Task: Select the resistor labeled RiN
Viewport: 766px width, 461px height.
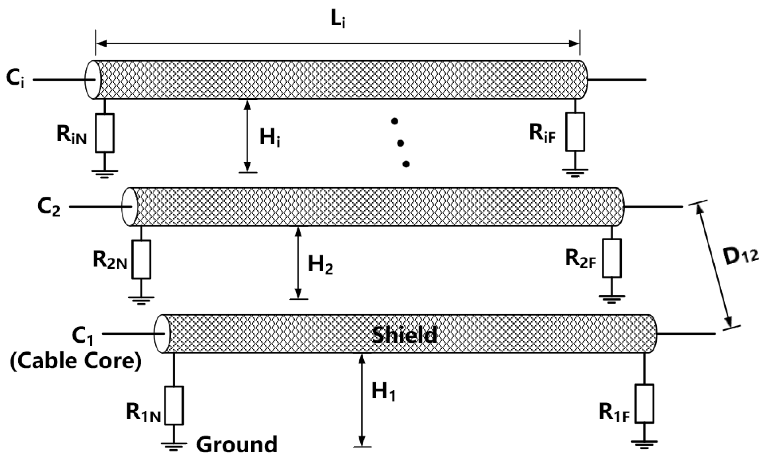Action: (105, 133)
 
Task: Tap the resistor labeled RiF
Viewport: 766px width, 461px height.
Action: (575, 132)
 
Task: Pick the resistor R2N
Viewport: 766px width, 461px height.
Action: (141, 259)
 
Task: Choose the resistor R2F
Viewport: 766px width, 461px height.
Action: (612, 258)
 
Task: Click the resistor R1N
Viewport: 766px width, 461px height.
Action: (174, 405)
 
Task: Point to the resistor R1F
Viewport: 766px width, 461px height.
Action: (645, 403)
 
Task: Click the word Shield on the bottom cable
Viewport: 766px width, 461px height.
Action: (404, 335)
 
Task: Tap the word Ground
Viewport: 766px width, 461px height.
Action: (236, 445)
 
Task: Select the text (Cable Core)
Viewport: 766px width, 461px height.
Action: (76, 362)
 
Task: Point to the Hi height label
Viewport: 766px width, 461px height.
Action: (269, 138)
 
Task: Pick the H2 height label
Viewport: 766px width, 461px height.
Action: (320, 265)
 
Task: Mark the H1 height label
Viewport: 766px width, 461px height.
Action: (383, 392)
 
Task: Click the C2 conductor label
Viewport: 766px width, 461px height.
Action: (48, 207)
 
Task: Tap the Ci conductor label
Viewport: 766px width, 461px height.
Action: (15, 79)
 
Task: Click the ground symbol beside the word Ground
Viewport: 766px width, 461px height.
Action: (174, 445)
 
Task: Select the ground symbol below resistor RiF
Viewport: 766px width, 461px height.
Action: (575, 172)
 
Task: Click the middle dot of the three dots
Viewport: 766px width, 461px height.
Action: (400, 143)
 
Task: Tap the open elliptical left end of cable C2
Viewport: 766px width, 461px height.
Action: (129, 207)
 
